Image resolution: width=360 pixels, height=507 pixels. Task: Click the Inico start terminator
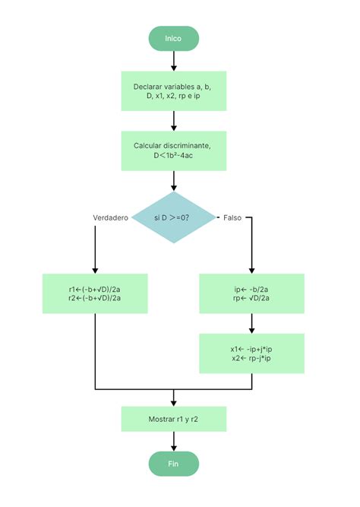coord(174,38)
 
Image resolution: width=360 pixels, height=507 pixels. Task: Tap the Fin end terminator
coord(174,463)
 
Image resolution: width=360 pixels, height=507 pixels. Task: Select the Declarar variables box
coord(174,91)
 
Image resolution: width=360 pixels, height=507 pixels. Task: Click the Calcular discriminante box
coord(174,151)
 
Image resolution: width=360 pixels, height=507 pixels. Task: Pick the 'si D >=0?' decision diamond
coord(174,217)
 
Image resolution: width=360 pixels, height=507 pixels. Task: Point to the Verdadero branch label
coord(110,218)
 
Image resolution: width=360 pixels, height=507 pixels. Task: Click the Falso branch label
coord(232,218)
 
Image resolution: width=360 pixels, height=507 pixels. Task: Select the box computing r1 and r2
coord(95,293)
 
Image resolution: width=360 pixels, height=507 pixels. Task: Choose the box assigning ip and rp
coord(251,293)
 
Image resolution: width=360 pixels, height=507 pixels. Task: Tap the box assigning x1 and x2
coord(251,353)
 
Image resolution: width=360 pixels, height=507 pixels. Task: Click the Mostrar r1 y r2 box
coord(174,418)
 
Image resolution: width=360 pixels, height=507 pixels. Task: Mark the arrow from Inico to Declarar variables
coord(174,61)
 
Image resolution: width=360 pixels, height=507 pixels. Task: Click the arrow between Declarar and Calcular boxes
coord(174,120)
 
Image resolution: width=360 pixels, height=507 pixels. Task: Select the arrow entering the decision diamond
coord(174,180)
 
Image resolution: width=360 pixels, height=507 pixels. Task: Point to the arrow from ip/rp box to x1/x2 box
coord(251,323)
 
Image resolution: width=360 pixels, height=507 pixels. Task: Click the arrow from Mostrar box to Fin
coord(174,440)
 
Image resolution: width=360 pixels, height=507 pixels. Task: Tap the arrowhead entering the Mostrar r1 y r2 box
coord(174,402)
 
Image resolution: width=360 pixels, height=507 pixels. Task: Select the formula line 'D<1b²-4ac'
coord(174,157)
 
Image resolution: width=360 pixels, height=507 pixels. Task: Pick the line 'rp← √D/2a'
coord(251,299)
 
